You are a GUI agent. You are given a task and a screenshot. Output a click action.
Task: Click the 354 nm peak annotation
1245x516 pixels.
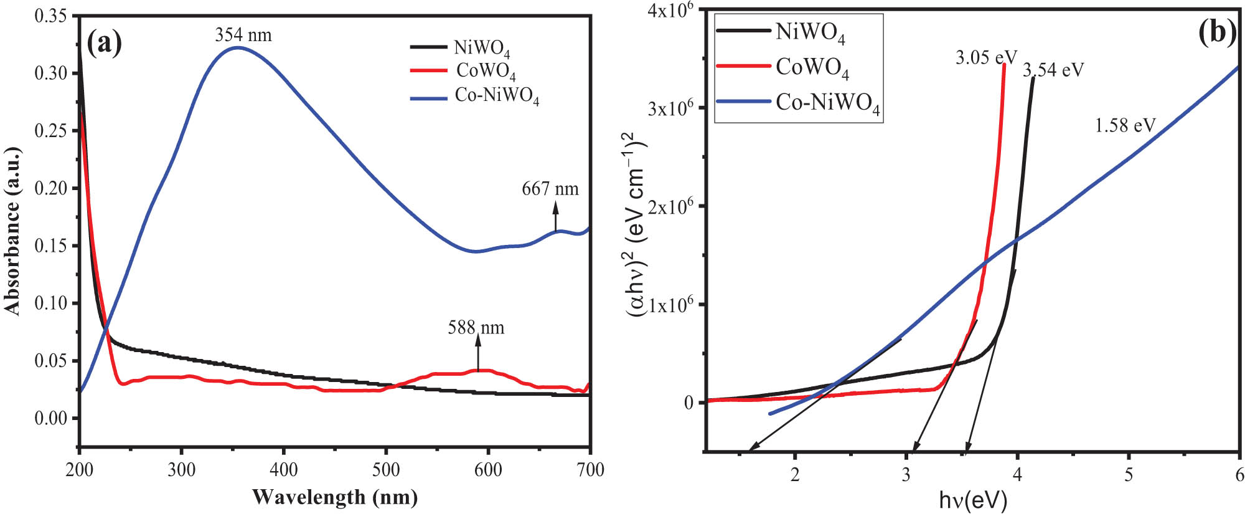(243, 35)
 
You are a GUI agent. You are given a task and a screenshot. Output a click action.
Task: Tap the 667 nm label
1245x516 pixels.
(550, 189)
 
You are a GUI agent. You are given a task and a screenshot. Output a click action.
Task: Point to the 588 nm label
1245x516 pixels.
(476, 328)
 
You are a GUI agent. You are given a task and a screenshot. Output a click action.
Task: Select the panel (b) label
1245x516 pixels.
(1218, 32)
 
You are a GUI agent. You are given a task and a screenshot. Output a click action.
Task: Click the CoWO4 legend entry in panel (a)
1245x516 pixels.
(486, 71)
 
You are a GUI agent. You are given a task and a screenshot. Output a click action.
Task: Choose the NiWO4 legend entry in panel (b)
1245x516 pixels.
(810, 32)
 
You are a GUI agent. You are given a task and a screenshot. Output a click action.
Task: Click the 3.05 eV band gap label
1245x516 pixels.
(986, 58)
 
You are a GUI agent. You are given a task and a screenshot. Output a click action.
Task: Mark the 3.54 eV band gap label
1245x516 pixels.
(1053, 70)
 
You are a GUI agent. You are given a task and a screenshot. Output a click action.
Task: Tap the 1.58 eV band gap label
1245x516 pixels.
(1125, 126)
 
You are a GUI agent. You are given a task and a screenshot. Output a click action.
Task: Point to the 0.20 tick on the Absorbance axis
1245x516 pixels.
(50, 188)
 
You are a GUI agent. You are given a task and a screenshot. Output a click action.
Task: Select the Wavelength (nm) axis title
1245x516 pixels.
(335, 497)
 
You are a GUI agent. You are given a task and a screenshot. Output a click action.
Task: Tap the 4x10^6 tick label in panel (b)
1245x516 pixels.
(671, 11)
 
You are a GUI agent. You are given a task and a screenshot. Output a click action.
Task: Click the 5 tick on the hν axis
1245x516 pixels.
(1129, 475)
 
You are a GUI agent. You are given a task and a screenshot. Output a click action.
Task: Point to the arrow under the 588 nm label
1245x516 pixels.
(478, 353)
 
